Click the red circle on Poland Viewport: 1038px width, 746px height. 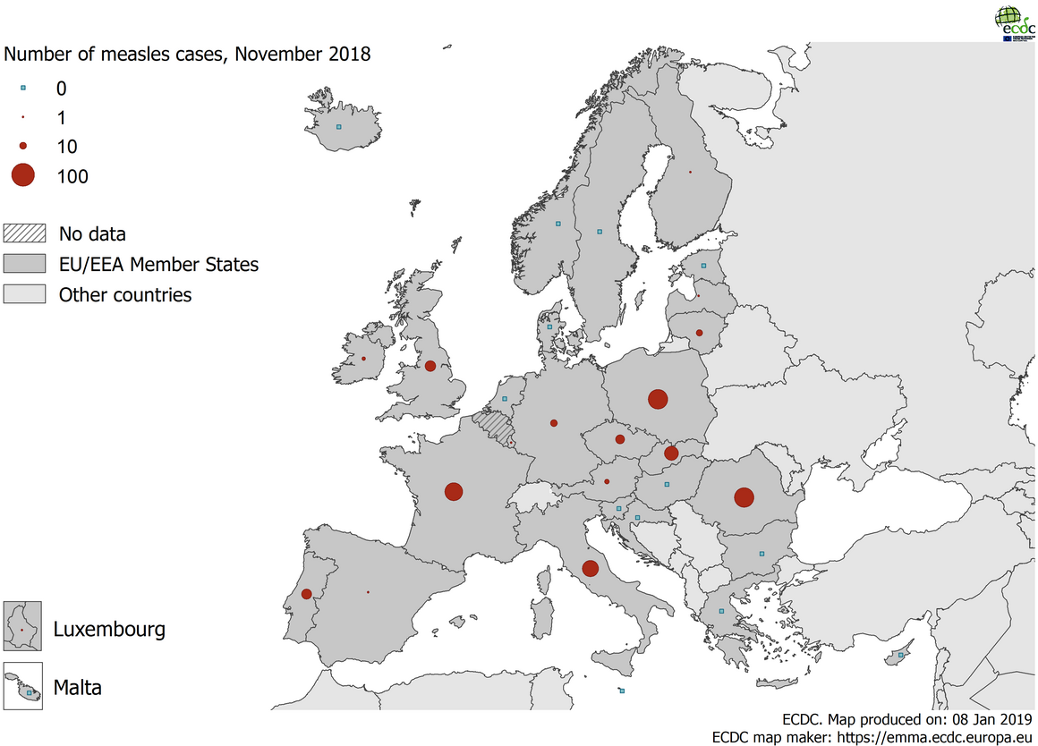tap(658, 399)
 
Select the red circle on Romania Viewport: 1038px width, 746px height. tap(743, 497)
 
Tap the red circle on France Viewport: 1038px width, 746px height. tap(454, 491)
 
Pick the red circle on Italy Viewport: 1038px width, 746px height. tap(590, 568)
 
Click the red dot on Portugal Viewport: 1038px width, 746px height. tap(306, 594)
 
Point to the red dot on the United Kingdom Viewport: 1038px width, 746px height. tap(430, 365)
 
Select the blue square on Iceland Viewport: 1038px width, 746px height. tap(338, 127)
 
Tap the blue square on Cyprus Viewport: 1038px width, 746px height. tap(901, 656)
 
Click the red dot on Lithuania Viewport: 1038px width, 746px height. tap(699, 333)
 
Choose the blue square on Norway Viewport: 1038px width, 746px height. tap(558, 224)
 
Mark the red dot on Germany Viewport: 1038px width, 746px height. tap(554, 422)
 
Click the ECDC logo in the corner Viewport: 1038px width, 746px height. tap(1015, 23)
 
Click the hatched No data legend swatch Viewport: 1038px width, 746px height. tap(24, 234)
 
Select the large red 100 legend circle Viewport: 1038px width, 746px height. tap(22, 176)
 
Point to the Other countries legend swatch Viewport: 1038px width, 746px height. tap(24, 294)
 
